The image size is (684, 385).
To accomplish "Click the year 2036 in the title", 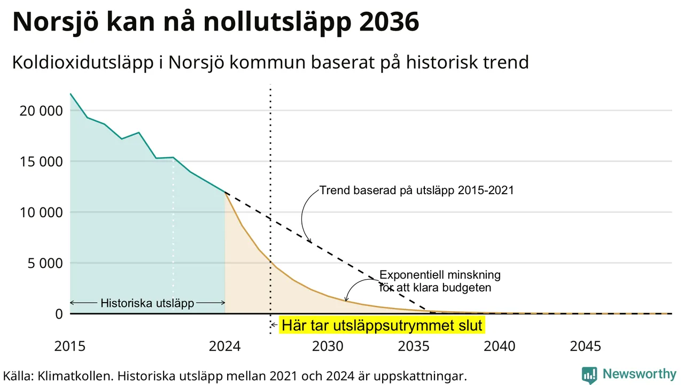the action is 388,22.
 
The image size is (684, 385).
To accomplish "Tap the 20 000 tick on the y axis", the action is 41,111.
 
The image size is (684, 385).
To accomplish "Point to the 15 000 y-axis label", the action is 41,161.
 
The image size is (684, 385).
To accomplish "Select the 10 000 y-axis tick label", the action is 41,212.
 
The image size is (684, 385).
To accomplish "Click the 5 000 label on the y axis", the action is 45,263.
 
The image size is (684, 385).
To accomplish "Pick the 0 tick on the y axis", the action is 59,314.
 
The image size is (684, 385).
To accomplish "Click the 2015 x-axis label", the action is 70,346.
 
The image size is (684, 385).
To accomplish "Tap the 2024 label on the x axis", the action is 225,346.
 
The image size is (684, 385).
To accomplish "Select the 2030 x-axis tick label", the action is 328,346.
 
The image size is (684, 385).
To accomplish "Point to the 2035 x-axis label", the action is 414,346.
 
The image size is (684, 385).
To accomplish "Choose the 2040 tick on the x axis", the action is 500,346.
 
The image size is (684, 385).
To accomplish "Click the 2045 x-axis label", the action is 585,346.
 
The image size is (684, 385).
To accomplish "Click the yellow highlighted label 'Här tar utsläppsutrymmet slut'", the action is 382,325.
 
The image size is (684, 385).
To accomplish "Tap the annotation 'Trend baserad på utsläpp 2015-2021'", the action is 417,190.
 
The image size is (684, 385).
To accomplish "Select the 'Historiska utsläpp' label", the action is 147,303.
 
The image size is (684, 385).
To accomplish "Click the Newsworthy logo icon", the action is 589,375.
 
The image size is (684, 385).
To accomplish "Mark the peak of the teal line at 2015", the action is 71,94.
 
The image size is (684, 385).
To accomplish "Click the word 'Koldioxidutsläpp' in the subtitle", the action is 83,63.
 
